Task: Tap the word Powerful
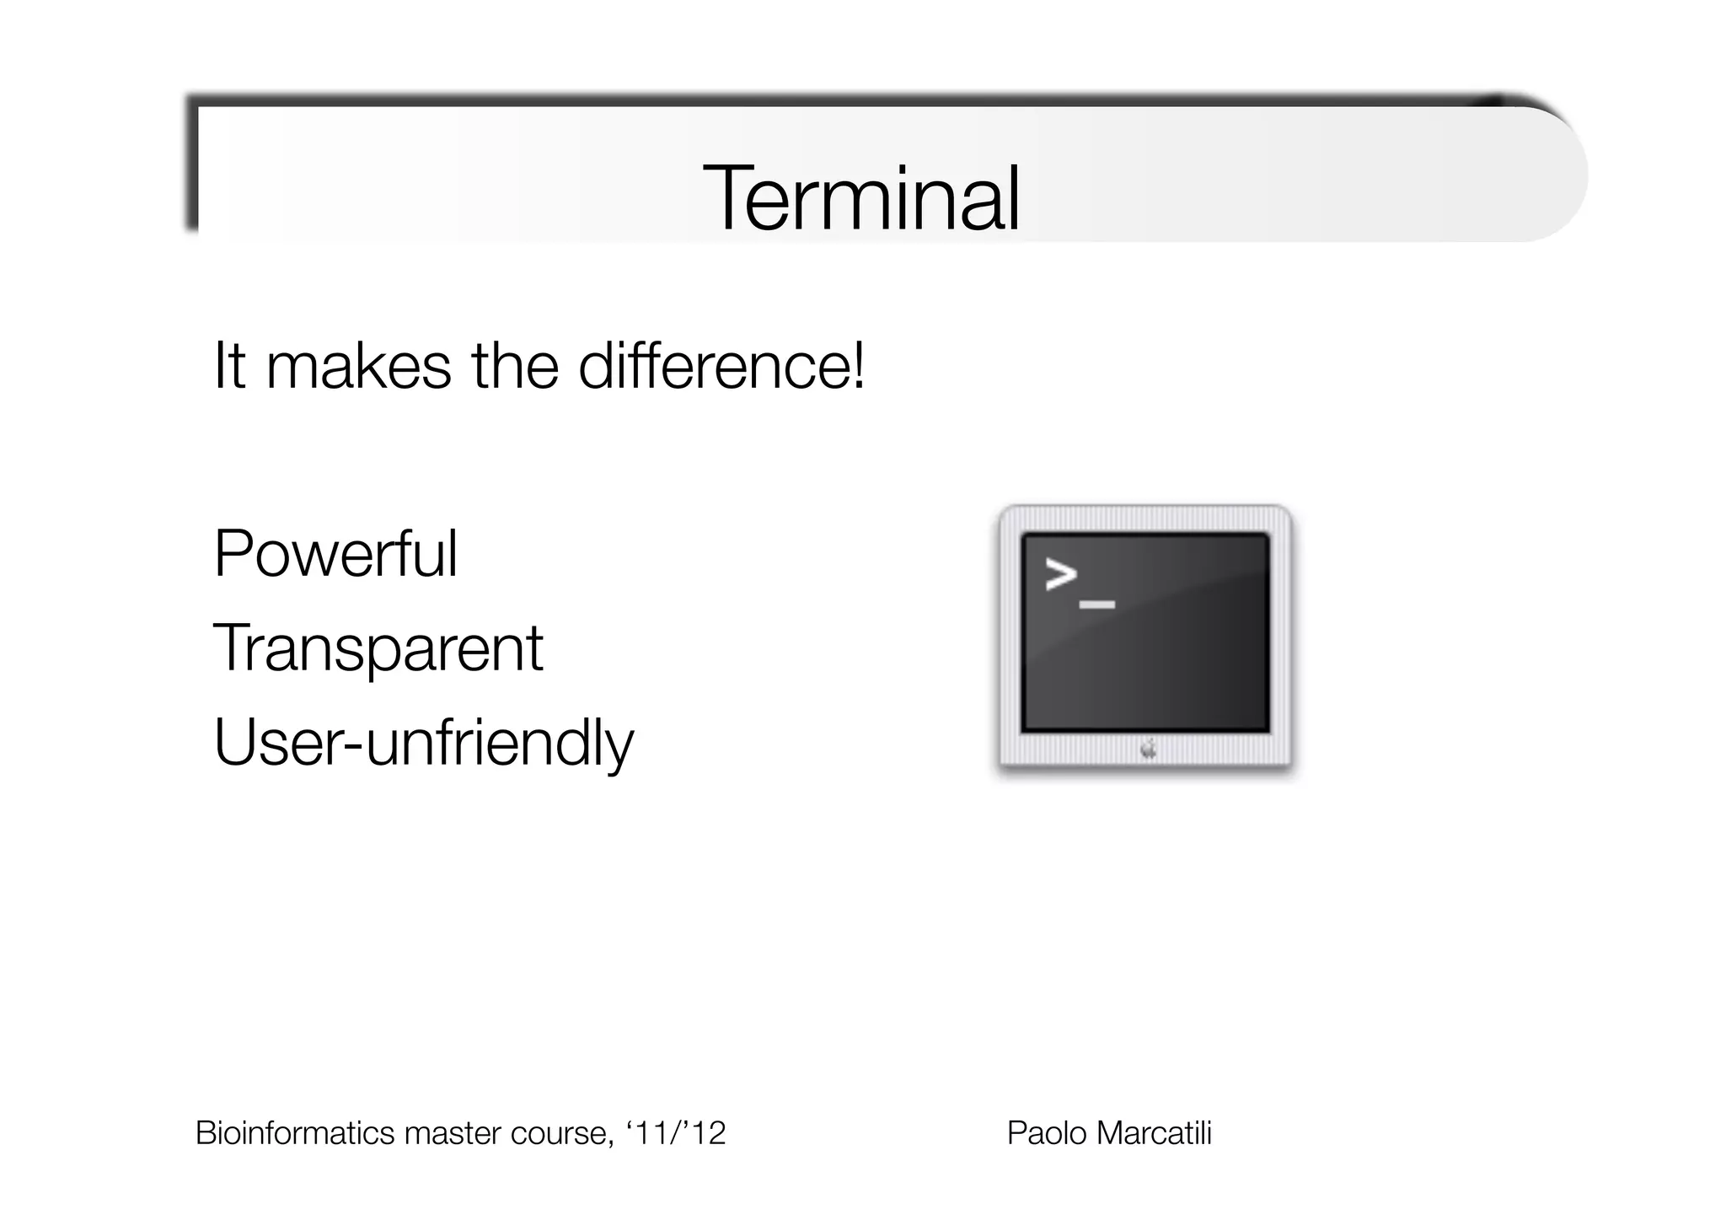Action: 335,554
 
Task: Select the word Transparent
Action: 378,648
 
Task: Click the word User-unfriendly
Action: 423,743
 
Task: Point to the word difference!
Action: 721,367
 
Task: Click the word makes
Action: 358,367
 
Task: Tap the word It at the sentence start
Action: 229,367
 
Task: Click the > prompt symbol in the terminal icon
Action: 1061,575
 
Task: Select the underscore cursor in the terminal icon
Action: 1096,605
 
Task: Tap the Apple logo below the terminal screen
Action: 1148,748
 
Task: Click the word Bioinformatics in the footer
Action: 295,1133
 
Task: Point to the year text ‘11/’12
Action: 676,1133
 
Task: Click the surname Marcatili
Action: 1154,1133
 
